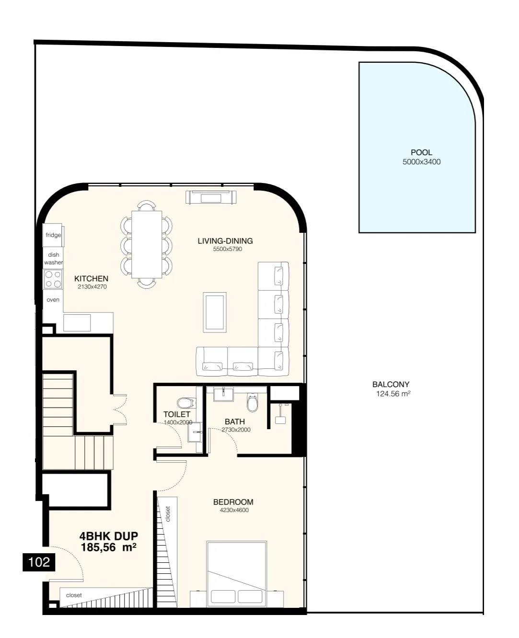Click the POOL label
pyautogui.click(x=421, y=152)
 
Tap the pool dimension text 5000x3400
pyautogui.click(x=421, y=162)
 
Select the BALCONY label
pyautogui.click(x=391, y=384)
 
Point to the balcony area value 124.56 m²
pyautogui.click(x=393, y=394)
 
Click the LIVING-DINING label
pyautogui.click(x=225, y=241)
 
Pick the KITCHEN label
pyautogui.click(x=92, y=279)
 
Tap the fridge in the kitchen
pyautogui.click(x=53, y=235)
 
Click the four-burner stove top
pyautogui.click(x=53, y=279)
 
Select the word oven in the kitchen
pyautogui.click(x=53, y=299)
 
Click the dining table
pyautogui.click(x=147, y=244)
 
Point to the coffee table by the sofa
pyautogui.click(x=215, y=312)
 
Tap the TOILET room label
pyautogui.click(x=177, y=414)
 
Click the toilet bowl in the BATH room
pyautogui.click(x=252, y=402)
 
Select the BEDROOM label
pyautogui.click(x=233, y=502)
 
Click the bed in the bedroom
pyautogui.click(x=236, y=573)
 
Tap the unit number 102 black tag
pyautogui.click(x=39, y=562)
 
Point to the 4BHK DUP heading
pyautogui.click(x=108, y=536)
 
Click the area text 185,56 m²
pyautogui.click(x=108, y=547)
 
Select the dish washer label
pyautogui.click(x=53, y=259)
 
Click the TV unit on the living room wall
pyautogui.click(x=211, y=197)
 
